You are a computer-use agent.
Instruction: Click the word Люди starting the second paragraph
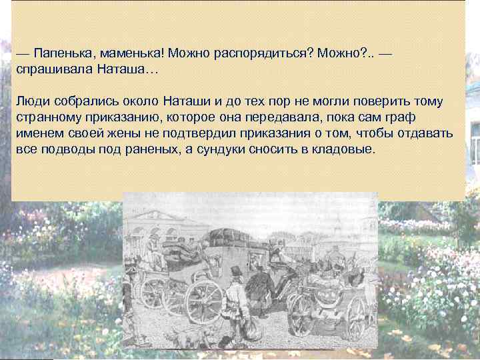(31, 101)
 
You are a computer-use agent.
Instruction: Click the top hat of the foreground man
(235, 271)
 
